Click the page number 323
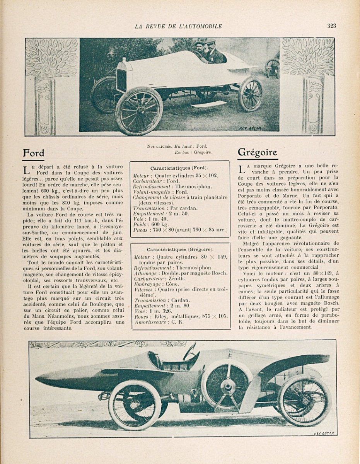coord(331,26)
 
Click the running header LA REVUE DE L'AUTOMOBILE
coord(178,26)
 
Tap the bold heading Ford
coord(34,153)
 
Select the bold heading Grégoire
coord(258,152)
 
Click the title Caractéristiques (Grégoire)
coord(180,250)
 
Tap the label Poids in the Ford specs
coord(140,224)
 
